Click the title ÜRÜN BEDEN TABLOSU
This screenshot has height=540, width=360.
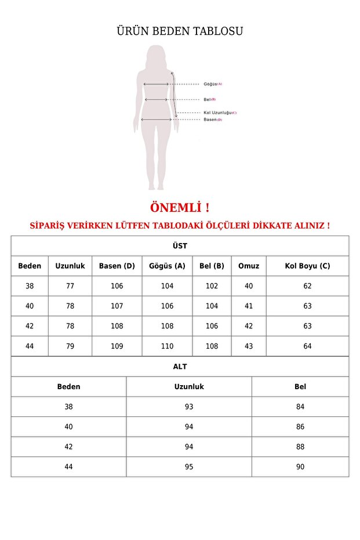pyautogui.click(x=180, y=31)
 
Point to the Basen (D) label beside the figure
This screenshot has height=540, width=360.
pyautogui.click(x=212, y=119)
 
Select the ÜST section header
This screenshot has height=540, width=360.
pyautogui.click(x=180, y=246)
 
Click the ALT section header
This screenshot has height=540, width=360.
pyautogui.click(x=180, y=367)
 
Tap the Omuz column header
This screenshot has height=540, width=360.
pyautogui.click(x=249, y=266)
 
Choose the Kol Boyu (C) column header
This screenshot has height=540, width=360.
pyautogui.click(x=307, y=266)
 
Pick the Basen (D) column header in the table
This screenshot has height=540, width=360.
pyautogui.click(x=117, y=266)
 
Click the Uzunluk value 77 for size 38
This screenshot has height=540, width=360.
pyautogui.click(x=70, y=286)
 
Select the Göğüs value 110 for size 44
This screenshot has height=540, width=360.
pyautogui.click(x=167, y=346)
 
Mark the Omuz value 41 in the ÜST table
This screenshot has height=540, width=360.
pyautogui.click(x=249, y=306)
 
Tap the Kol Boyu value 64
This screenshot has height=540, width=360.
pyautogui.click(x=307, y=346)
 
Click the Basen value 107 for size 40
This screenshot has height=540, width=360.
pyautogui.click(x=117, y=306)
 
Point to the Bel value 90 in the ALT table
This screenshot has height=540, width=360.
pyautogui.click(x=300, y=467)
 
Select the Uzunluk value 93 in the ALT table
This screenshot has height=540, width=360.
pyautogui.click(x=189, y=407)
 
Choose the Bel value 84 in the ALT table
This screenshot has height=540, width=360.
pyautogui.click(x=300, y=407)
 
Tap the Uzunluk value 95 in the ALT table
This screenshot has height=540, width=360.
pyautogui.click(x=189, y=467)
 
